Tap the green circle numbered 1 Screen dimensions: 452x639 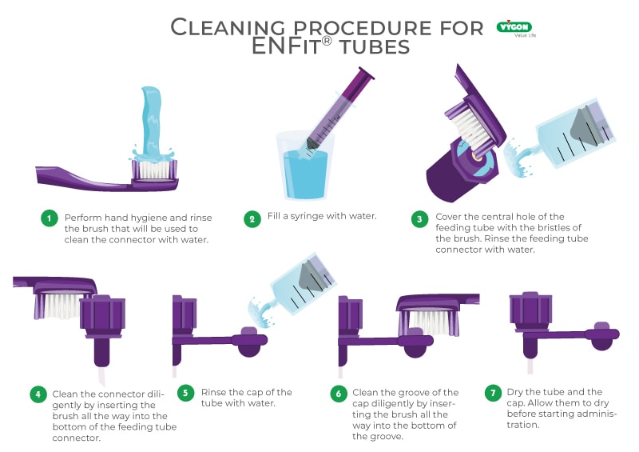tap(50, 218)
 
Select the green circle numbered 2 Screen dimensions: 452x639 tap(252, 218)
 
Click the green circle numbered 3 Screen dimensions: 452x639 tap(419, 218)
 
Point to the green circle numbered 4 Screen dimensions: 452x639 tap(38, 394)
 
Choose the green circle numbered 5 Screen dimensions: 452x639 tap(185, 394)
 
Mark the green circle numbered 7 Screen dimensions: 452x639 tap(494, 393)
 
